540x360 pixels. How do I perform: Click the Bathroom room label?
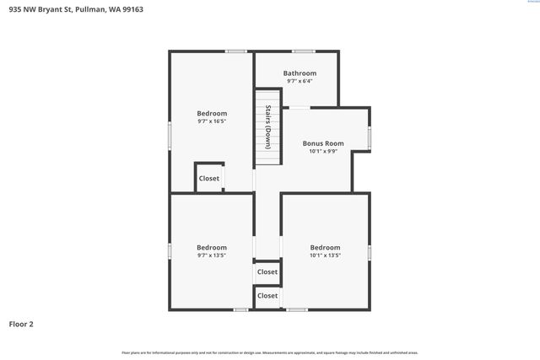click(x=300, y=73)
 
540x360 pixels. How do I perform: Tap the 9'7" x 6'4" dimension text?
click(x=300, y=82)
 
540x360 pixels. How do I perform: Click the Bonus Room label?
click(x=323, y=143)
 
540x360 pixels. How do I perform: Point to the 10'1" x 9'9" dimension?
click(x=323, y=152)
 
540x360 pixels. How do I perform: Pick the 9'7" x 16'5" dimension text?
click(x=212, y=121)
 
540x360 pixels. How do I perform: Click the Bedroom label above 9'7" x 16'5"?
click(x=212, y=113)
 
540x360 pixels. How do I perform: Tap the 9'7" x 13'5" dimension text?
click(x=212, y=255)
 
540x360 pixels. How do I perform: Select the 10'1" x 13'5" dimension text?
click(x=325, y=255)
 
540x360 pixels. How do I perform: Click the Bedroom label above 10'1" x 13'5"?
click(x=325, y=247)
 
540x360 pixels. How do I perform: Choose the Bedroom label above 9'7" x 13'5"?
click(x=212, y=247)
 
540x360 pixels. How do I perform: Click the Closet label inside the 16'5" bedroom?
click(x=208, y=178)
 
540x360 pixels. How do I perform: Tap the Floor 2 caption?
click(x=21, y=324)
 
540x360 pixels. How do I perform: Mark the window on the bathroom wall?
click(x=303, y=51)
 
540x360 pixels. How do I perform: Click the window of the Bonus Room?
click(x=369, y=137)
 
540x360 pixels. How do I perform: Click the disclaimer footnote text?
click(x=270, y=352)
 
